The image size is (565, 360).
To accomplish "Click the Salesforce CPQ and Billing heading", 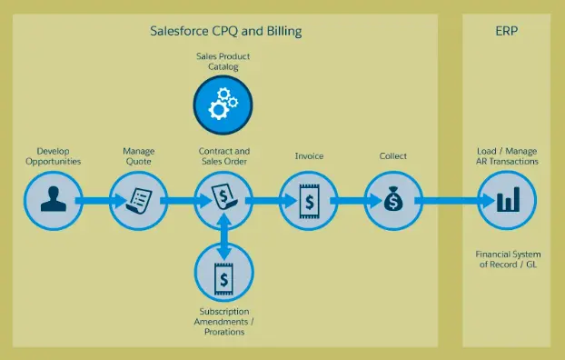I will [x=225, y=32].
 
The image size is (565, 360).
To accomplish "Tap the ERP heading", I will [x=507, y=32].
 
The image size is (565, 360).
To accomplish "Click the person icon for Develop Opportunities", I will [x=52, y=200].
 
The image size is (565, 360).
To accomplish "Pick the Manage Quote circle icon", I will [x=139, y=200].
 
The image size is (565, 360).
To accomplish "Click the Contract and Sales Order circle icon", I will [x=223, y=200].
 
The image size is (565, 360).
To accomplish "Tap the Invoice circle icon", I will [x=308, y=200].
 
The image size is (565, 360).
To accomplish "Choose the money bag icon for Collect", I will [x=392, y=200].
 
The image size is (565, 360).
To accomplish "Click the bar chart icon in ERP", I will [x=507, y=200].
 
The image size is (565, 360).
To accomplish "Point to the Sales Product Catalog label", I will [x=223, y=63].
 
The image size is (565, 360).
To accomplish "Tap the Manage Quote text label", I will [x=139, y=155].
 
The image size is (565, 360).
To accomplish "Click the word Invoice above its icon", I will [x=309, y=155].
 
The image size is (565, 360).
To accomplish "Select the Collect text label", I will [x=392, y=155].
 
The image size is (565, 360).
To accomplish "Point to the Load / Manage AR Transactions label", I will [x=507, y=155].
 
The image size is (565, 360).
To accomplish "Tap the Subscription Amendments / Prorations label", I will [x=223, y=322].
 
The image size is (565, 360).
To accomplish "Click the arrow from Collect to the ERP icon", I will [x=450, y=200].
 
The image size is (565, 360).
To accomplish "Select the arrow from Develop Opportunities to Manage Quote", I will [x=95, y=200].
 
